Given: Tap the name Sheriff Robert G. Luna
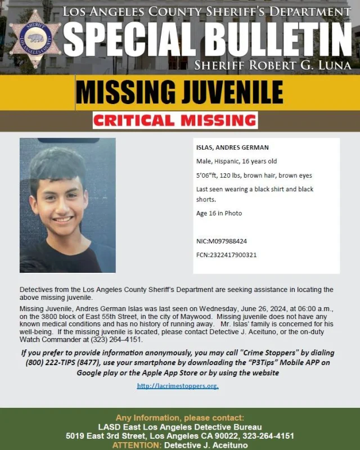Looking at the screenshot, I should (272, 65).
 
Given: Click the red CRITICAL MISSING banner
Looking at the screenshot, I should (175, 120).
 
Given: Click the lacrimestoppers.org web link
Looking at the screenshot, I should (178, 386).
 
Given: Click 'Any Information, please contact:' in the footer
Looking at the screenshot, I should (180, 418).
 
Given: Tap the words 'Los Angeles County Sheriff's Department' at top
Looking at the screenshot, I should (207, 11).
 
